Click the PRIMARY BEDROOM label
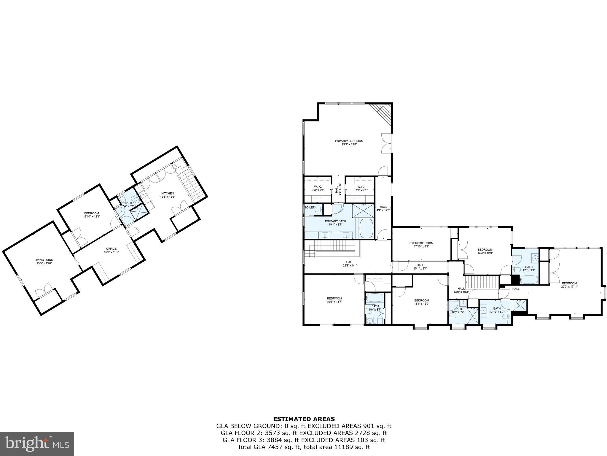[349, 141]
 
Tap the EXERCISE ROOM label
[421, 243]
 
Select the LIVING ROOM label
[44, 260]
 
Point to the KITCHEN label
[167, 193]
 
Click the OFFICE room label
[111, 249]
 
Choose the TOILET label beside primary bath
[309, 208]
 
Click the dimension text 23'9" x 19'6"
[349, 145]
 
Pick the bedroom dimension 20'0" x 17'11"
[569, 287]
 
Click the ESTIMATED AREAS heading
[304, 419]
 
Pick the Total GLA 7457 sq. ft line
[304, 447]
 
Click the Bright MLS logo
[37, 444]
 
